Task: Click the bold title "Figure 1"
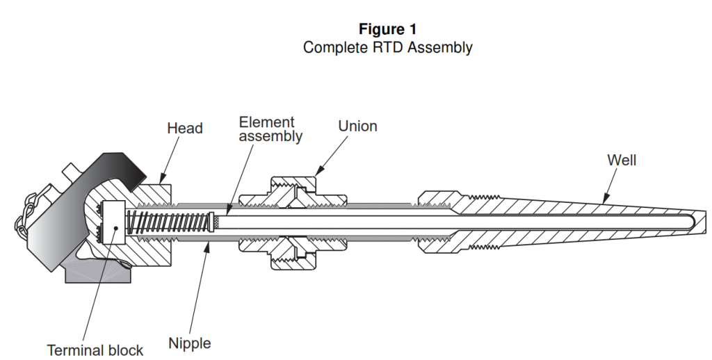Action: pos(387,29)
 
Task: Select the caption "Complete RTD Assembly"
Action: pos(387,48)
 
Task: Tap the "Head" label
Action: pos(185,129)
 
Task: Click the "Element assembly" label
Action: pos(270,129)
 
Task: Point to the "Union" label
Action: pos(357,126)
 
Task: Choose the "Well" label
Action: pos(622,161)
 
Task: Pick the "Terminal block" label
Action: pos(95,350)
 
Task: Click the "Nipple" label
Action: pos(189,343)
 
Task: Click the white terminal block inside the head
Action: pos(113,222)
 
